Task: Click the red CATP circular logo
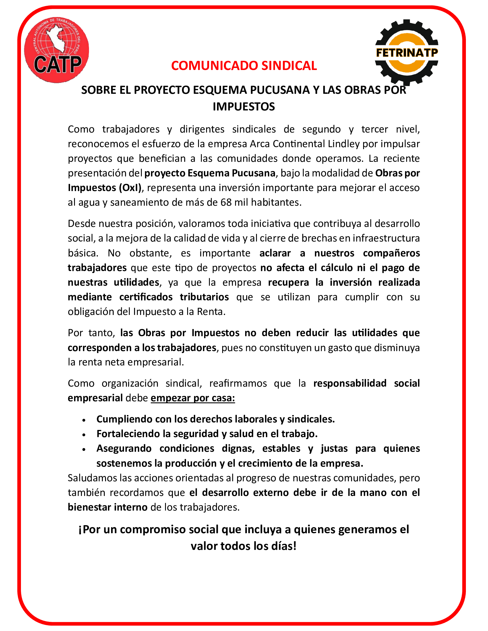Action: [x=57, y=50]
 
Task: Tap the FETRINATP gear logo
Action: [x=406, y=52]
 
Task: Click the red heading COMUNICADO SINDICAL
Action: [x=244, y=66]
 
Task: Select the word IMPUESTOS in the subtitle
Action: [x=244, y=107]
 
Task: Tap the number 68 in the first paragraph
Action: [x=226, y=202]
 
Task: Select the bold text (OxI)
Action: [x=130, y=188]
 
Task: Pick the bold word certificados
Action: [x=146, y=297]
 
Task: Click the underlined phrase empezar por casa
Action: [x=193, y=398]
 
